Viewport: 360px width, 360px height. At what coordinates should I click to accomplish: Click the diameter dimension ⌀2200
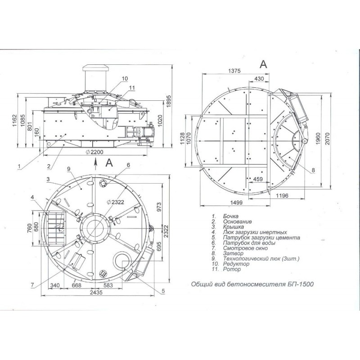[x=94, y=152]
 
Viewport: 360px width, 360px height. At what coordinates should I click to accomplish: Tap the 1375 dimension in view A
[x=234, y=71]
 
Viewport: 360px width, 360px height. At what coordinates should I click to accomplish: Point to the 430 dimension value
[x=259, y=78]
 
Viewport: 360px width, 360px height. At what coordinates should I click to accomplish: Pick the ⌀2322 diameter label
[x=116, y=202]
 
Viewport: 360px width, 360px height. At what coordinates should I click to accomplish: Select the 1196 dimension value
[x=282, y=196]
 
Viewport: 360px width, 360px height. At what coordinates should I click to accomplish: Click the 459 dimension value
[x=258, y=179]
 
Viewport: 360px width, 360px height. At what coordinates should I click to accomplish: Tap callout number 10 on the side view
[x=125, y=78]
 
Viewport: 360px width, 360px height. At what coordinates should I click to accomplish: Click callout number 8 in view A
[x=313, y=171]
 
